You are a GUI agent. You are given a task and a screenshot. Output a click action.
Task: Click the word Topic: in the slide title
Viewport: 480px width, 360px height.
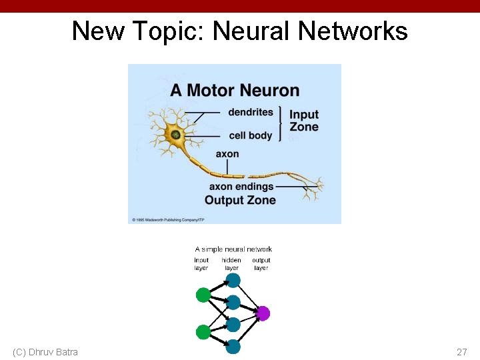point(169,31)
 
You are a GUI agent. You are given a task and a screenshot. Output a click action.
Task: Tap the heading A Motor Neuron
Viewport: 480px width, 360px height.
point(235,90)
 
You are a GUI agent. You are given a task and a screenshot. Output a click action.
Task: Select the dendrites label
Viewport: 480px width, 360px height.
point(251,112)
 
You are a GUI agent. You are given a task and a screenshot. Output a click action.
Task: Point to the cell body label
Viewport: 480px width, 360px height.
point(251,135)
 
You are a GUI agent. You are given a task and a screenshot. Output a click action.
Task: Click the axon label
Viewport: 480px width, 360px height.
point(227,154)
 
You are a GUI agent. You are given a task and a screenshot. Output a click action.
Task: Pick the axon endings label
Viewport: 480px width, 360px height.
point(241,187)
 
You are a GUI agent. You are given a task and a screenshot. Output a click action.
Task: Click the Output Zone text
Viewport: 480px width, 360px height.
point(240,200)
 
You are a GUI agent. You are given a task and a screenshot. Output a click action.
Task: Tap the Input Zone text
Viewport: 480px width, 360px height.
point(304,121)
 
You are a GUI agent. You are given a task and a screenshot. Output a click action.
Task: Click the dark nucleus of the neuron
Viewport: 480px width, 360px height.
point(175,135)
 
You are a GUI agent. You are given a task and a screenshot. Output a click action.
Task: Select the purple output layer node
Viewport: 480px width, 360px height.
point(263,313)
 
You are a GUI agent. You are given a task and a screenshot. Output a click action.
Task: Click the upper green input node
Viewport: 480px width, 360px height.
point(203,295)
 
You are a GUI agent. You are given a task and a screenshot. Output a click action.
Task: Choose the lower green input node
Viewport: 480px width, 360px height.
point(203,331)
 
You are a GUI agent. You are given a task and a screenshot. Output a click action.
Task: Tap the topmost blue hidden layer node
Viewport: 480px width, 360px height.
point(233,280)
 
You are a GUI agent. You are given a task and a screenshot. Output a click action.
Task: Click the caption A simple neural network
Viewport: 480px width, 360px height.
point(233,249)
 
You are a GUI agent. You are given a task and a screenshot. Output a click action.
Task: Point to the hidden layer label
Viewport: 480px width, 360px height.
point(231,264)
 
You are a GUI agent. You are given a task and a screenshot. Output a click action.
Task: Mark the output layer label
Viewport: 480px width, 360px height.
point(261,264)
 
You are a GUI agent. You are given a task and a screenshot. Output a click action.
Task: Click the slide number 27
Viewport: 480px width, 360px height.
point(462,352)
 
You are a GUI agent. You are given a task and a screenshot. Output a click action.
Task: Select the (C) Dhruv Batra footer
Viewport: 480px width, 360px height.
point(45,352)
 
